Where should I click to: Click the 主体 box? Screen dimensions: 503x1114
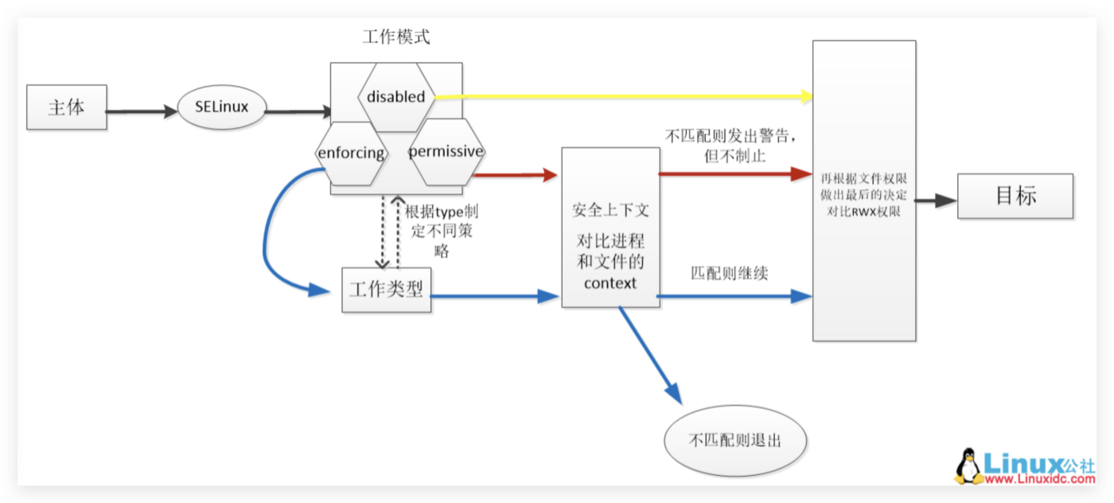[66, 107]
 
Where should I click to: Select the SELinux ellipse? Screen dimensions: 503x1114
[221, 107]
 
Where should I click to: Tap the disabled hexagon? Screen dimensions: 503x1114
[396, 97]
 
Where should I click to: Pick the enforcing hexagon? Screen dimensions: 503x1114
[351, 153]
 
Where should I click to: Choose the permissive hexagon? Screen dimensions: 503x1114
[446, 151]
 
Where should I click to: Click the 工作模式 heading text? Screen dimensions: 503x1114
[395, 37]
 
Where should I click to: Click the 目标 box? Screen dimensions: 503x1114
[1015, 196]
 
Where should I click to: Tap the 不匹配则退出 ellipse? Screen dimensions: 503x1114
[734, 439]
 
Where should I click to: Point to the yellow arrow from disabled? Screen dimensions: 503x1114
[621, 96]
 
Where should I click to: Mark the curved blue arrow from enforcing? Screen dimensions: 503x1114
[267, 231]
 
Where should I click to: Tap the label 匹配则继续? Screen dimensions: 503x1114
[729, 273]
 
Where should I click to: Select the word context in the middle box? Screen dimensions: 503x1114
[610, 282]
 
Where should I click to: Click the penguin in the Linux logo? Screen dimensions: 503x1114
[968, 466]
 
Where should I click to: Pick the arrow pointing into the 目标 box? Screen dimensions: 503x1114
[936, 201]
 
